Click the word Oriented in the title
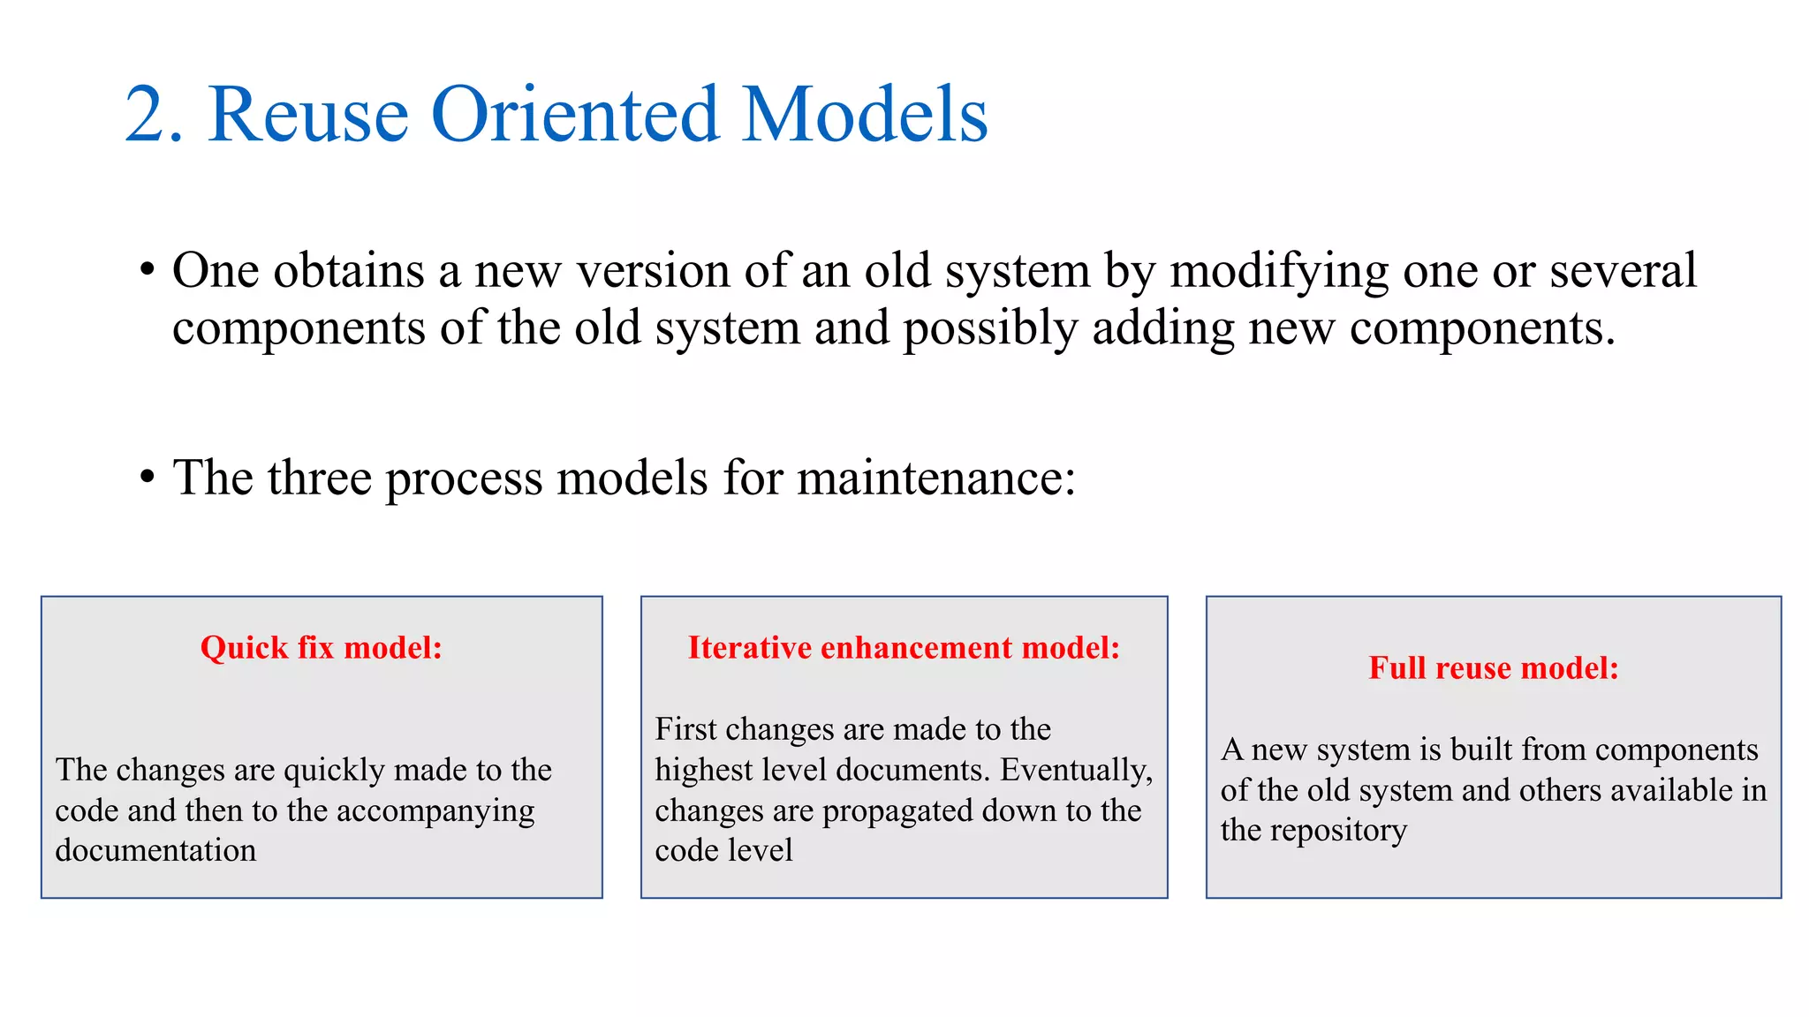pyautogui.click(x=574, y=115)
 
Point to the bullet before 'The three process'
pyautogui.click(x=148, y=478)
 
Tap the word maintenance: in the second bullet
pyautogui.click(x=936, y=478)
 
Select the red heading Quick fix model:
pyautogui.click(x=322, y=648)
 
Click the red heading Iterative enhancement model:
pyautogui.click(x=904, y=648)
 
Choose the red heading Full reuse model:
pyautogui.click(x=1494, y=668)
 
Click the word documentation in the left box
pyautogui.click(x=155, y=850)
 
